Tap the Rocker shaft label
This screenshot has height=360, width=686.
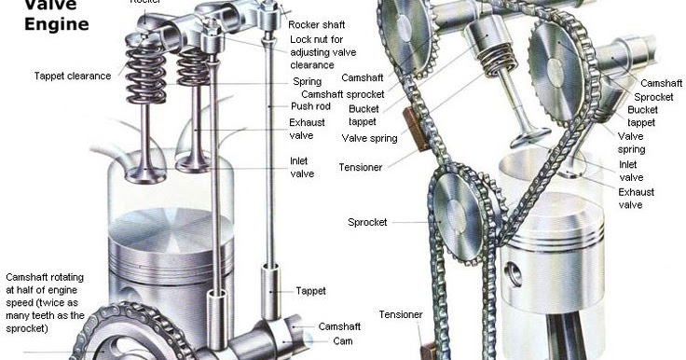(x=318, y=24)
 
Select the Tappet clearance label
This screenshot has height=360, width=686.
(x=72, y=76)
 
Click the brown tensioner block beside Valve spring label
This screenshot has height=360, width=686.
(x=410, y=129)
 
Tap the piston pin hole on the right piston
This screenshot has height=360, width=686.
(x=512, y=274)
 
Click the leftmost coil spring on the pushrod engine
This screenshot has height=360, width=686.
(x=145, y=75)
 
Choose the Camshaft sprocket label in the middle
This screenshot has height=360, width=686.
(x=353, y=94)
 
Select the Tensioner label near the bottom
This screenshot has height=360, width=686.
(x=400, y=314)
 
